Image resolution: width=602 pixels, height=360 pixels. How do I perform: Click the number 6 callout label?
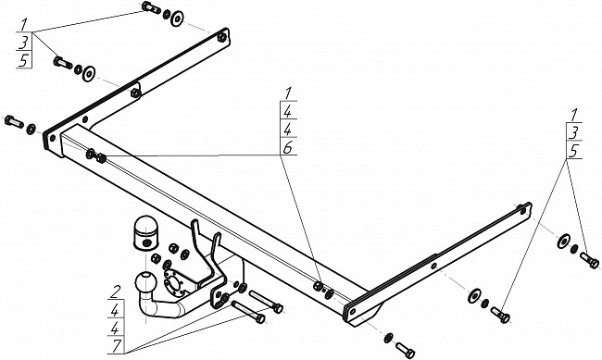[287, 147]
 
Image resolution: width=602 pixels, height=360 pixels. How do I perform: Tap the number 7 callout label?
[116, 345]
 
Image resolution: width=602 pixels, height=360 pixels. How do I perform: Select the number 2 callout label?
[114, 292]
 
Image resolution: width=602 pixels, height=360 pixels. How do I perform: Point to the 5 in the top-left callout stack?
[24, 61]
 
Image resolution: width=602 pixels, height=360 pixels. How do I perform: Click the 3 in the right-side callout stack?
[573, 133]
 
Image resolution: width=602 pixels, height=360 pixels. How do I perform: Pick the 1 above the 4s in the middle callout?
[289, 93]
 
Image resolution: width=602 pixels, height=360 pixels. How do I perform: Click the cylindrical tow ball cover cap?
[145, 234]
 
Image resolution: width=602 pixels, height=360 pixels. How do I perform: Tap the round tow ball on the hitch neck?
[146, 282]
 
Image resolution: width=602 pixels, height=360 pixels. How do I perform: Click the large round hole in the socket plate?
[173, 284]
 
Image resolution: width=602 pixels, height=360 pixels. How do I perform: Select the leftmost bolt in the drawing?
[14, 121]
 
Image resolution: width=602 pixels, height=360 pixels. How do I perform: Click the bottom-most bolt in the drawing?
[405, 349]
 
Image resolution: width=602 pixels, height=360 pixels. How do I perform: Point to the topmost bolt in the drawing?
[151, 7]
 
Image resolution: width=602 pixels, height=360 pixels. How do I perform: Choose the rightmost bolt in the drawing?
[589, 260]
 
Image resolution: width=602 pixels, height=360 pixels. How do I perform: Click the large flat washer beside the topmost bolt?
[177, 19]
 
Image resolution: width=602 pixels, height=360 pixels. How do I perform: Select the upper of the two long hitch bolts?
[266, 301]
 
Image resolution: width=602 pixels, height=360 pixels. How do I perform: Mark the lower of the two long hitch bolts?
[248, 312]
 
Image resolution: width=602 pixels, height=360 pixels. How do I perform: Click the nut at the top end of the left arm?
[221, 37]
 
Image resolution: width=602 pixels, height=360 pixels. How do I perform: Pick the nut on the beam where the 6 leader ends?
[101, 157]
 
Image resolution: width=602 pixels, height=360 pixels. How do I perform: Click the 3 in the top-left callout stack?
[24, 43]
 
